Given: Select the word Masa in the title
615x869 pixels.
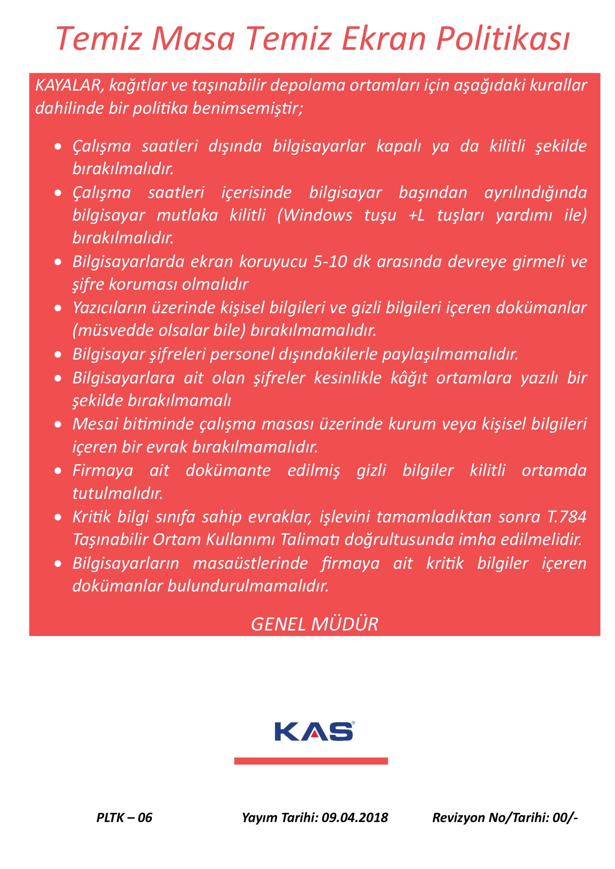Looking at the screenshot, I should [193, 39].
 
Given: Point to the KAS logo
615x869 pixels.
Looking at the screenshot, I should [314, 732].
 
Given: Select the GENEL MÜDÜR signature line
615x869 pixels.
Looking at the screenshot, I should [314, 624].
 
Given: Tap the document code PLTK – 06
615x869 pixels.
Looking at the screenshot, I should [124, 817].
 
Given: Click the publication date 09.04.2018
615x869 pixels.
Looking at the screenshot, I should [355, 817].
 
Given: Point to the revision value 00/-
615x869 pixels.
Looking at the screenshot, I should [565, 817].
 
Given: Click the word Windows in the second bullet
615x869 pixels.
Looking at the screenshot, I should [318, 215].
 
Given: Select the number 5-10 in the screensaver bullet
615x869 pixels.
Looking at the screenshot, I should [330, 262].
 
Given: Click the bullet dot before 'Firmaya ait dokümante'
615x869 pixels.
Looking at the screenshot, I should [58, 471].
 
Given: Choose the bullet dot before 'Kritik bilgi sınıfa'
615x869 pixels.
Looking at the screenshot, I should [58, 517].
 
